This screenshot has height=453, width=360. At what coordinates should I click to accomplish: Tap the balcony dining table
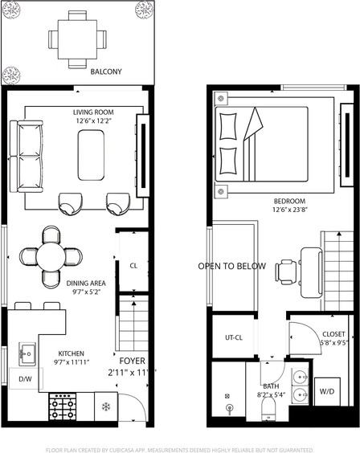pos(77,38)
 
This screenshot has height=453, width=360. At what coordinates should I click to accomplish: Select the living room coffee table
pos(91,155)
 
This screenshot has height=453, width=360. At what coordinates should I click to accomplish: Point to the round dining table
pos(51,256)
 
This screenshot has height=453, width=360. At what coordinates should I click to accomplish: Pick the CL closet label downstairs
pos(134,265)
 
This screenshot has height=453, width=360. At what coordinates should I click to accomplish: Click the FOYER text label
pos(132,360)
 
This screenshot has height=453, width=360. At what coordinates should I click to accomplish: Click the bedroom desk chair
pos(286,271)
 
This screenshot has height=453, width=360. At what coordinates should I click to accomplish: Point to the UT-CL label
pos(234,337)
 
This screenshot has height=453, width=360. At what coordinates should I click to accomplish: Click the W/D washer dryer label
pos(327,392)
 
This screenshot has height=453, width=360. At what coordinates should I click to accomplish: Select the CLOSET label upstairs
pos(333,334)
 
